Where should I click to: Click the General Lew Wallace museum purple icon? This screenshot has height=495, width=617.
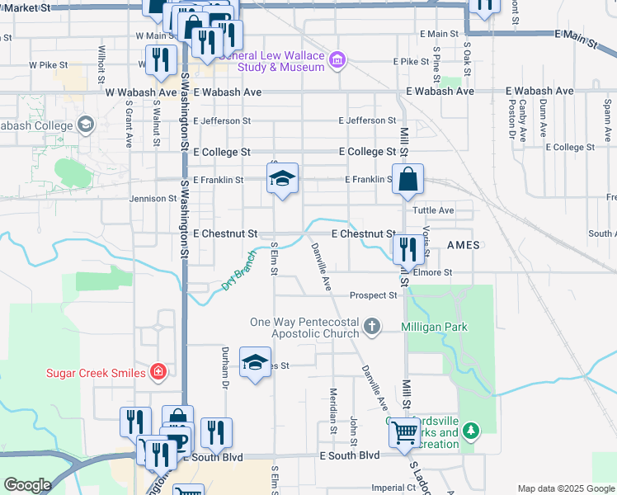(337, 60)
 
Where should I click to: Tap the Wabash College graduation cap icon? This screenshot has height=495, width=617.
(85, 125)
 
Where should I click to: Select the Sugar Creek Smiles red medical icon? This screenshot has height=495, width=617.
(158, 373)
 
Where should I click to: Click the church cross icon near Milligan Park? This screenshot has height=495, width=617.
(372, 327)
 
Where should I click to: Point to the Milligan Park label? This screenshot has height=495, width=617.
(434, 328)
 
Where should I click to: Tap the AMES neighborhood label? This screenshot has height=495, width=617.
(463, 246)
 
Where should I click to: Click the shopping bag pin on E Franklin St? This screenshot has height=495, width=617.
(408, 181)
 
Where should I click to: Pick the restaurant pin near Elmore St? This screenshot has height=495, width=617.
(407, 250)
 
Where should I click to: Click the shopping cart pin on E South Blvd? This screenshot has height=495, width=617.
(403, 432)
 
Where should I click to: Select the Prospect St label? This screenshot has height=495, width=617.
(374, 295)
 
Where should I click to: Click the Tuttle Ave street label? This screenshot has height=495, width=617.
(434, 210)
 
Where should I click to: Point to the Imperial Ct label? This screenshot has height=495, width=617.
(393, 488)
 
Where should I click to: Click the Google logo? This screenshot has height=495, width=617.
(27, 486)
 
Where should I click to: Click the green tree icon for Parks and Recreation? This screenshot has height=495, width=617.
(471, 431)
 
